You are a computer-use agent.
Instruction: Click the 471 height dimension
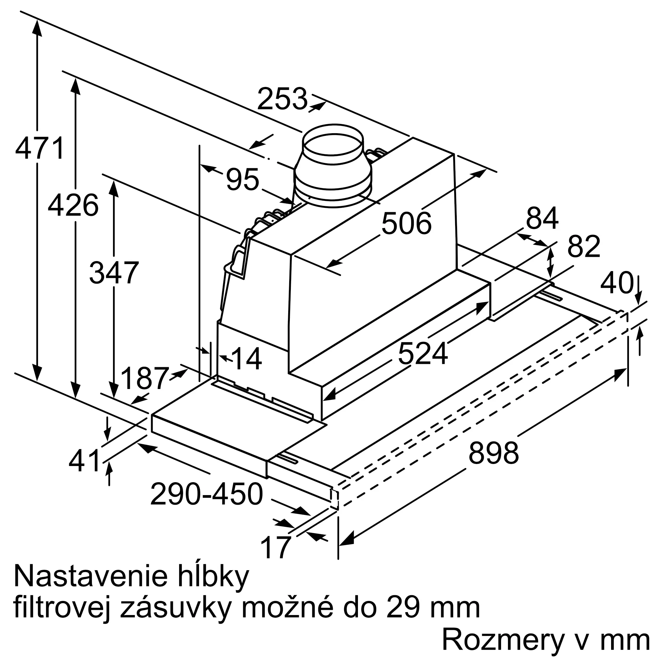[x=40, y=148]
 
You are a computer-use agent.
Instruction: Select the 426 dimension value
[x=73, y=205]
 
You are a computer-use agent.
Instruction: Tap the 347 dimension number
[x=114, y=273]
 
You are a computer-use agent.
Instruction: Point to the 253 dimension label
[x=283, y=99]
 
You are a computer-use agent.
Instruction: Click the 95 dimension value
[x=242, y=179]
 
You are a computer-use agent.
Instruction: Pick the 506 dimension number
[x=407, y=223]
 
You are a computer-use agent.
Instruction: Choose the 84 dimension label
[x=542, y=217]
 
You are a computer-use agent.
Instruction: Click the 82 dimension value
[x=584, y=246]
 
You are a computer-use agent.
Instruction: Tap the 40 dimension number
[x=616, y=283]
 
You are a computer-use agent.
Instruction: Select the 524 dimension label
[x=423, y=353]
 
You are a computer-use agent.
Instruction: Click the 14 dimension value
[x=247, y=359]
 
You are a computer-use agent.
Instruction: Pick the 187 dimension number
[x=145, y=378]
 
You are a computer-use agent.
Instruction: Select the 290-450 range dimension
[x=207, y=494]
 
